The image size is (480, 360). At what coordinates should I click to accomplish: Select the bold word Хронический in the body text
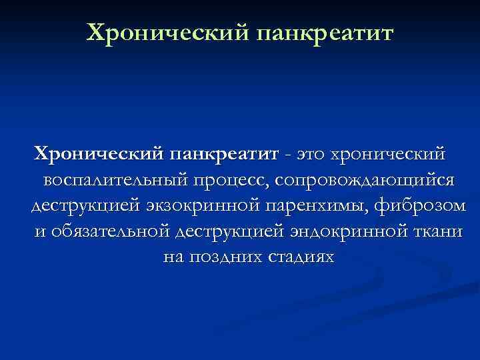click(97, 155)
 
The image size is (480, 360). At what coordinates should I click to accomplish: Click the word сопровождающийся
click(363, 180)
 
